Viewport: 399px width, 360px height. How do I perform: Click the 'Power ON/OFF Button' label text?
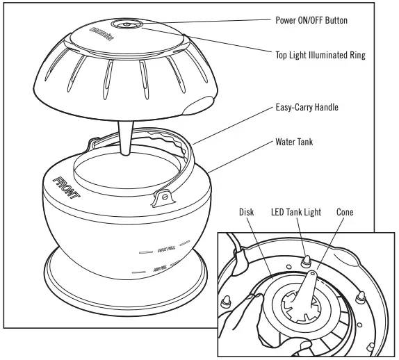pyautogui.click(x=310, y=20)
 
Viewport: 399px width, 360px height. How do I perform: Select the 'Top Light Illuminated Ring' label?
pyautogui.click(x=320, y=53)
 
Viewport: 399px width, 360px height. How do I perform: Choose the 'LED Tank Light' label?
pyautogui.click(x=295, y=212)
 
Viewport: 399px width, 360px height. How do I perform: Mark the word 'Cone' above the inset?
pyautogui.click(x=348, y=212)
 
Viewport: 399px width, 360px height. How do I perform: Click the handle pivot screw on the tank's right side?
pyautogui.click(x=164, y=199)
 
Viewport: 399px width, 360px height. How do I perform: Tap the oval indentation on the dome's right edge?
pyautogui.click(x=198, y=104)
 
